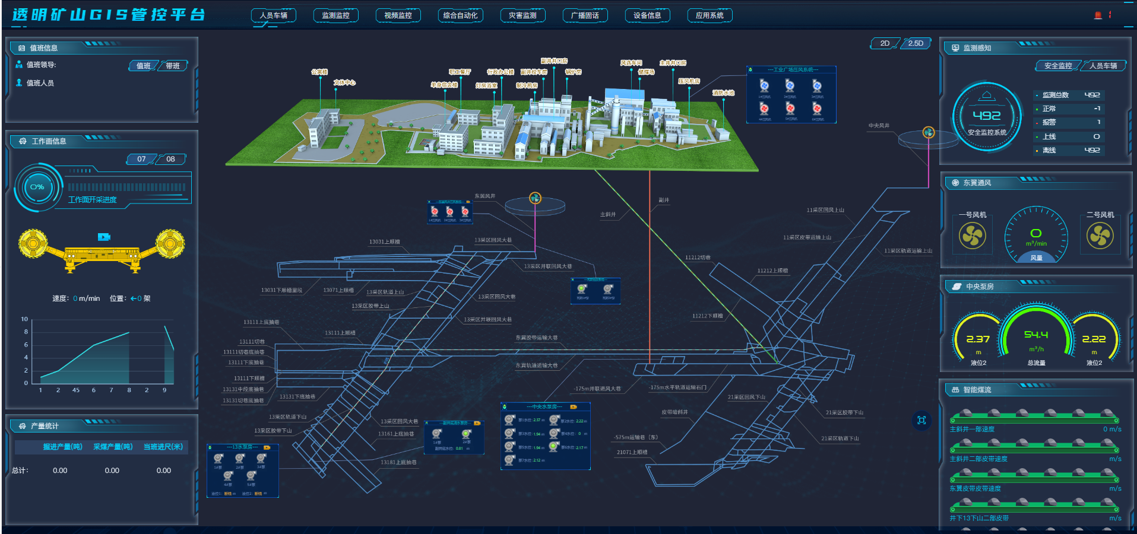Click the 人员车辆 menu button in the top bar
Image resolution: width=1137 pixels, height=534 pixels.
[273, 15]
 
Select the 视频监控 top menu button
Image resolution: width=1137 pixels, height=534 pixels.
[398, 15]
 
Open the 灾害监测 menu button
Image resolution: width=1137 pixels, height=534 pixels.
[522, 15]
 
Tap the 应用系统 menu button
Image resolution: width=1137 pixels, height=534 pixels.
[710, 15]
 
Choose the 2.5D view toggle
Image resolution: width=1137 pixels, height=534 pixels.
[916, 43]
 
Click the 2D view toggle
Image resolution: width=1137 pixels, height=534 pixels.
[885, 43]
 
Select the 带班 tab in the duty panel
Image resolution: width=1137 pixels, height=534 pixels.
[173, 66]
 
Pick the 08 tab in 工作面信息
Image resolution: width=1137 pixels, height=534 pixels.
[170, 159]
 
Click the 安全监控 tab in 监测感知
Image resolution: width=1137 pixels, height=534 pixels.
[1058, 66]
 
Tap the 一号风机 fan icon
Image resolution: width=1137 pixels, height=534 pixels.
[973, 236]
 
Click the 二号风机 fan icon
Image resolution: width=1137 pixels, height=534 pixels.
[1100, 236]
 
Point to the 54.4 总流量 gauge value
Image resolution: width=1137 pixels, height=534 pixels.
[1036, 335]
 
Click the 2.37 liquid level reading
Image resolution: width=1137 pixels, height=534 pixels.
[978, 339]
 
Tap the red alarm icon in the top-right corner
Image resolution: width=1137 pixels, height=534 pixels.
[1098, 15]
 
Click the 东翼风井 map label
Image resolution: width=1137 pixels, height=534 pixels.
[484, 196]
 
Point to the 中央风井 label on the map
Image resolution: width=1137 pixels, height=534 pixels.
[879, 126]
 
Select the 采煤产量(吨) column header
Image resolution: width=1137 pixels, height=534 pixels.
[113, 447]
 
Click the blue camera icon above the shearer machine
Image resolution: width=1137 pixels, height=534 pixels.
[104, 237]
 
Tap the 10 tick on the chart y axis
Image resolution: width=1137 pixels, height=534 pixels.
[24, 319]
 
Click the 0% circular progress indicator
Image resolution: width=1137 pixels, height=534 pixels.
[37, 187]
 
